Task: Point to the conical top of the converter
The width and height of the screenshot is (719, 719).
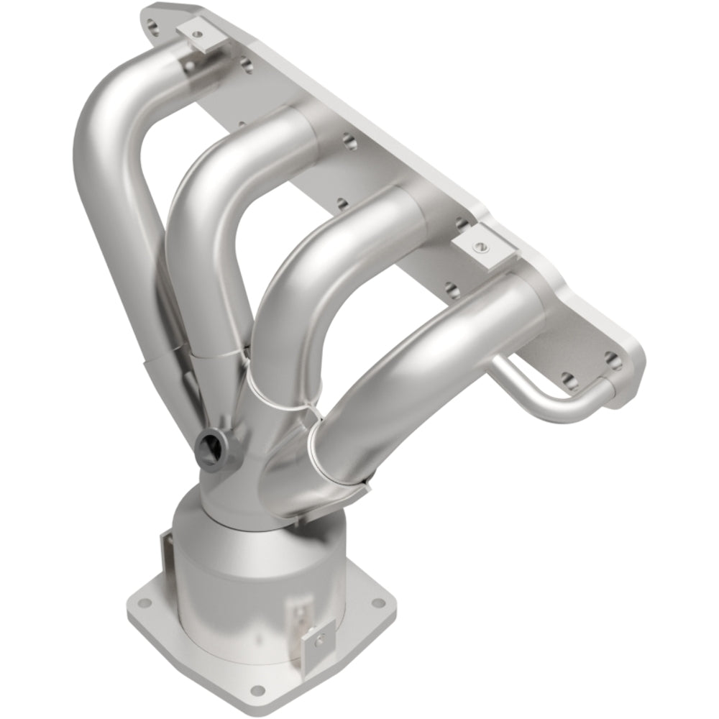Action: [x=230, y=518]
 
